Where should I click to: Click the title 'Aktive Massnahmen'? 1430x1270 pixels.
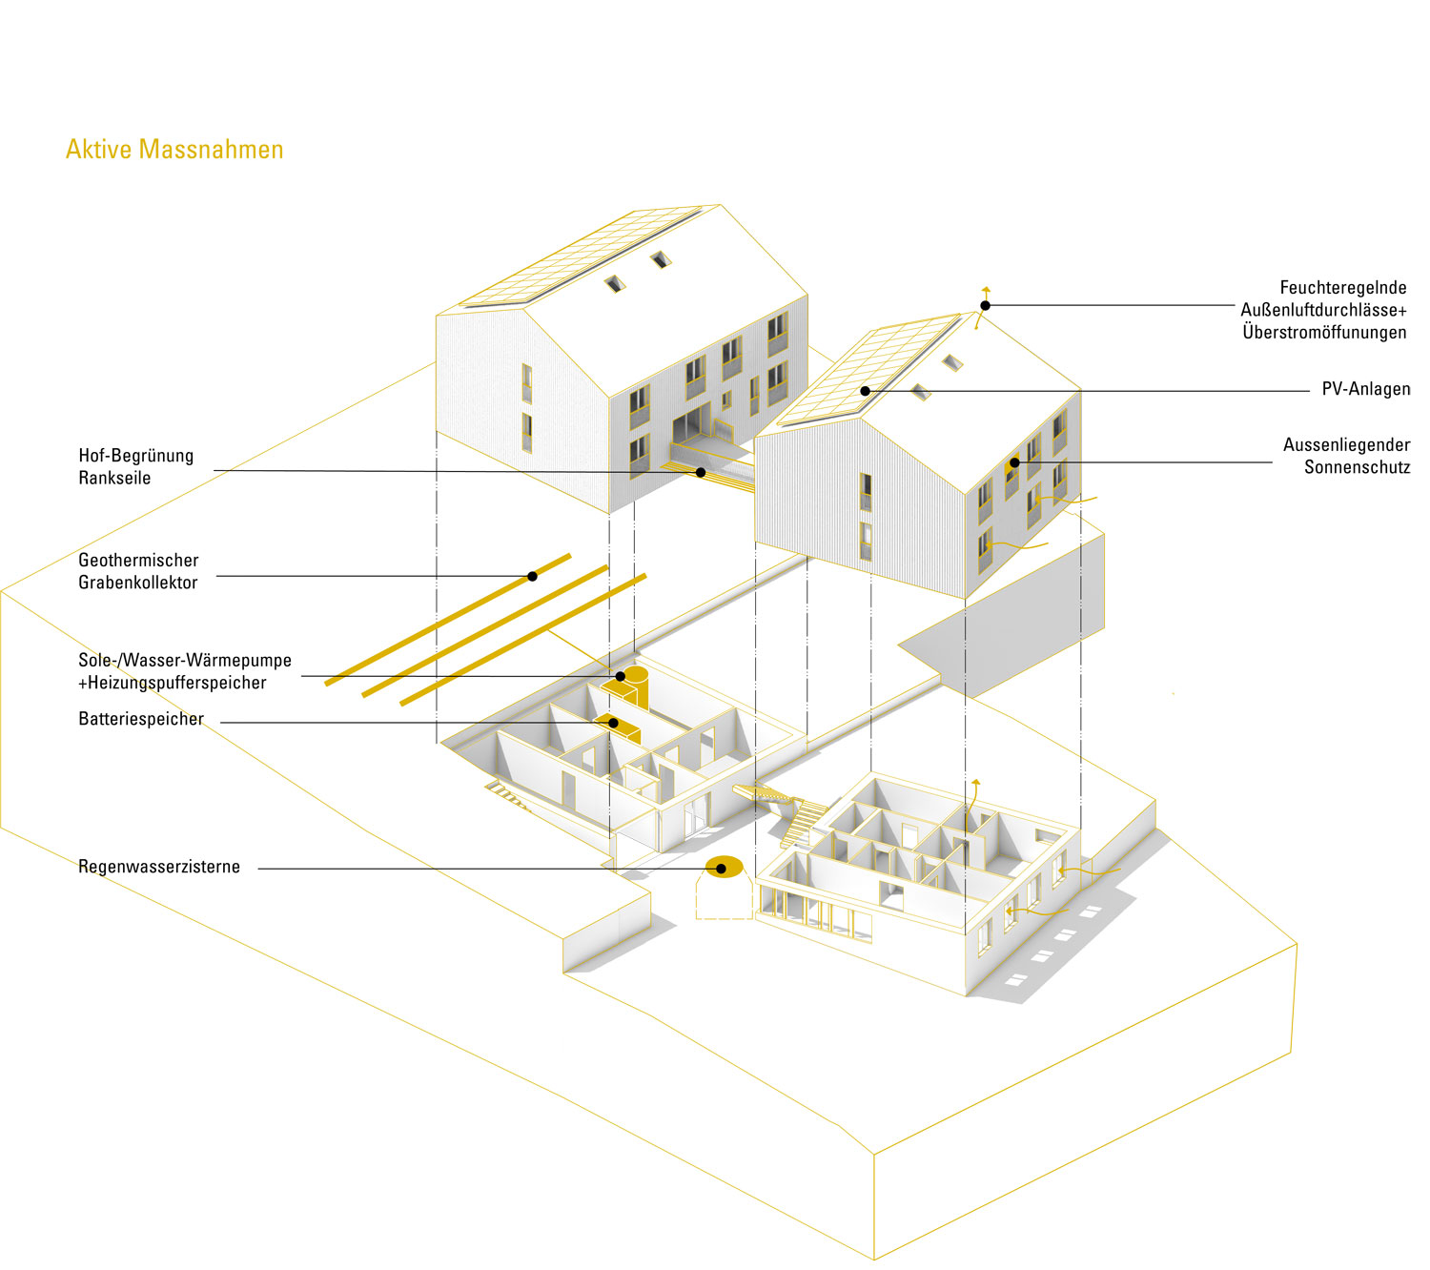click(x=174, y=150)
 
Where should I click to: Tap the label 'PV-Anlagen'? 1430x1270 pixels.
click(x=1365, y=389)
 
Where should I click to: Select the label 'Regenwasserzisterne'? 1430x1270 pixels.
click(x=159, y=867)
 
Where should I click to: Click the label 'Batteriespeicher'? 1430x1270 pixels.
click(x=141, y=719)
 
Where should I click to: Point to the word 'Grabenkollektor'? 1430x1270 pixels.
click(x=138, y=583)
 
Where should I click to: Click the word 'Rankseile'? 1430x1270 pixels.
click(x=114, y=478)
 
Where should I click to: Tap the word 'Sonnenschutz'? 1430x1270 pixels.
click(x=1357, y=467)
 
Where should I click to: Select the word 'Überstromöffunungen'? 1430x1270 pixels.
click(x=1324, y=332)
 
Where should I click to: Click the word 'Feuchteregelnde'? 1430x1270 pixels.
click(x=1342, y=287)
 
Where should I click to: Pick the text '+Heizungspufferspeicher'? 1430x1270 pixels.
click(x=173, y=683)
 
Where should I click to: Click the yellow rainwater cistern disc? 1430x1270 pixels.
click(x=724, y=868)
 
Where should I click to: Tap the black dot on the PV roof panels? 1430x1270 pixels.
click(x=865, y=391)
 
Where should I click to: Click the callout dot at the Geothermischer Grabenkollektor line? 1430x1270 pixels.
click(x=532, y=576)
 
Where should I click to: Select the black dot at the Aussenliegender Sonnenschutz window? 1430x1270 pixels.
click(x=1014, y=462)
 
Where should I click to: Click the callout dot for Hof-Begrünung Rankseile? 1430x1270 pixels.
click(x=701, y=472)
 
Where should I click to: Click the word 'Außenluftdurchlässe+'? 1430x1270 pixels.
click(x=1323, y=310)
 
